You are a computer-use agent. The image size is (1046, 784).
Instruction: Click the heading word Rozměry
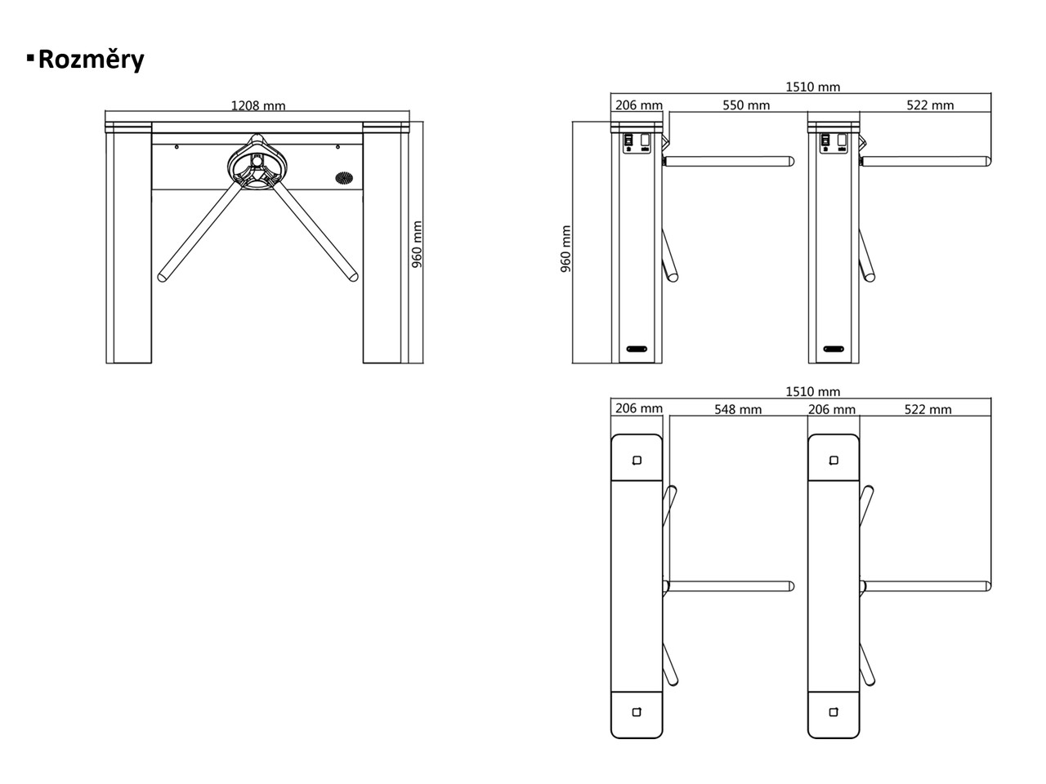tap(91, 60)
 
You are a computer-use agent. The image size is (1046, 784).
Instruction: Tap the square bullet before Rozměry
tap(30, 58)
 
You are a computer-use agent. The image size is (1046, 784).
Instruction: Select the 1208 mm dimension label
tap(258, 105)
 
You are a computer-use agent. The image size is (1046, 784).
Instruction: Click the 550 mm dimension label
tap(746, 105)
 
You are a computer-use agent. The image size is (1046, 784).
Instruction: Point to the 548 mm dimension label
tap(738, 409)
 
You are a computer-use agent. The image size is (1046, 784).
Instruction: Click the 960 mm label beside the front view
tap(417, 244)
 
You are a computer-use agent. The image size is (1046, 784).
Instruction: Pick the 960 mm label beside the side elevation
tap(565, 249)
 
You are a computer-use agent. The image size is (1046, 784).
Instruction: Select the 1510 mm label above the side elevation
tap(813, 87)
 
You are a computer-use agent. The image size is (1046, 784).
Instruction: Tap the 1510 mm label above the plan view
tap(813, 391)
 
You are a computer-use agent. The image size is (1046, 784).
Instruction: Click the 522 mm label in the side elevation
tap(930, 105)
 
